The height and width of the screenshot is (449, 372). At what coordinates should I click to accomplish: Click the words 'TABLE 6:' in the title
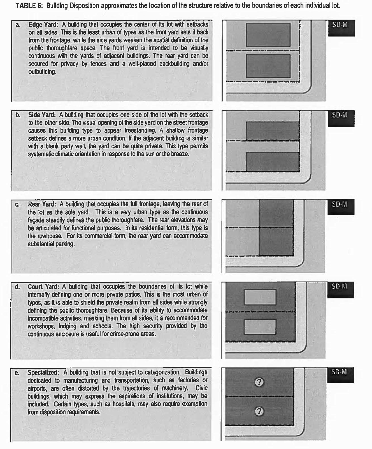tap(29, 6)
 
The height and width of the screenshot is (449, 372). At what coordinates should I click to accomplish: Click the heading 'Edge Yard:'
tap(43, 24)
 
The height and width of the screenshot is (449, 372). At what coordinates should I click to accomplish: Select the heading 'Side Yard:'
tap(42, 115)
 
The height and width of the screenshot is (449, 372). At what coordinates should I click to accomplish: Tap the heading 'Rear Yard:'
tap(42, 204)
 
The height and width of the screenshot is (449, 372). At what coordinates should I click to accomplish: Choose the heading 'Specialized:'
tap(43, 373)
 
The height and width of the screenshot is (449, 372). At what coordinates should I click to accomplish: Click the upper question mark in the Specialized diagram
tap(259, 382)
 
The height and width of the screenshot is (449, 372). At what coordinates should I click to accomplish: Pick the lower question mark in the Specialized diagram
tap(259, 411)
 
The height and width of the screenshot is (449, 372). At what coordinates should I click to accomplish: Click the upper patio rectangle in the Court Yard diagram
tap(260, 297)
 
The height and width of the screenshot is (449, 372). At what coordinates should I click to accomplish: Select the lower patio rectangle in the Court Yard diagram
tap(260, 327)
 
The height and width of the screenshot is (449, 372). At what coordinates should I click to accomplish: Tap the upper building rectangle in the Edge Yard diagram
tap(268, 35)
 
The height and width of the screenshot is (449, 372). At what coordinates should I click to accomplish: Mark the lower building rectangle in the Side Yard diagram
tap(273, 162)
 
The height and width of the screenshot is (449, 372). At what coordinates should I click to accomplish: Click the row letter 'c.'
tap(17, 205)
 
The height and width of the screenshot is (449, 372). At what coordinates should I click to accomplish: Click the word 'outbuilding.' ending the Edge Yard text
tap(42, 72)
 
